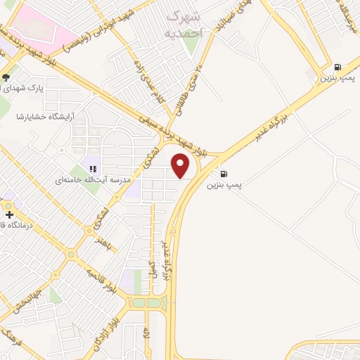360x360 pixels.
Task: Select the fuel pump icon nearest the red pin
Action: (x=224, y=174)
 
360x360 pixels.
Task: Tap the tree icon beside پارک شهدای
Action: (x=6, y=77)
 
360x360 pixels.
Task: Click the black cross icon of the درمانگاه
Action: (x=8, y=214)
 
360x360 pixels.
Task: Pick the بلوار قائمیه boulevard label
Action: (x=102, y=280)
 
